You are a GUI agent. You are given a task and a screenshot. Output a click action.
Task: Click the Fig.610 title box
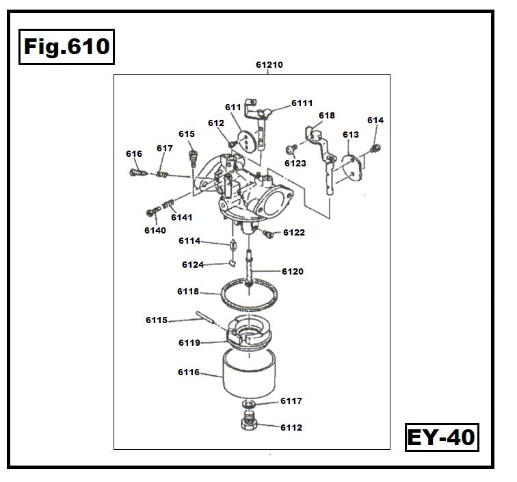66,47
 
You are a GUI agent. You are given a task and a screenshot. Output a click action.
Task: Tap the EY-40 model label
441,436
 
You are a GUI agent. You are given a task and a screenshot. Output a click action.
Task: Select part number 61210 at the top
269,65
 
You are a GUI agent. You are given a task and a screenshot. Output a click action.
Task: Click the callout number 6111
302,103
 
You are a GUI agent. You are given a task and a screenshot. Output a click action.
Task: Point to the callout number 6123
295,164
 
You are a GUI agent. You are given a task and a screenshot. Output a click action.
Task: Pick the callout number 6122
294,233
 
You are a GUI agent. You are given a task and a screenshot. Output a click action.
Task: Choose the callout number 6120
293,272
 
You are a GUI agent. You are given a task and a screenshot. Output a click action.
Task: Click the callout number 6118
188,292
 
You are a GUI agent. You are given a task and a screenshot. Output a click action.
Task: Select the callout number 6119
189,342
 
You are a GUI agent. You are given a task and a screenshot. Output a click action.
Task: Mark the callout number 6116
189,372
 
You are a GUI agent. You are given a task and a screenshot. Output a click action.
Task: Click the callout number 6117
291,401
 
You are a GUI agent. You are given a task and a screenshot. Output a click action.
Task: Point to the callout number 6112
291,428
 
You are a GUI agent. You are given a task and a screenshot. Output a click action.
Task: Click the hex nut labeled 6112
250,425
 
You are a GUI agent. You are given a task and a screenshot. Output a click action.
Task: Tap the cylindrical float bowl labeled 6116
249,372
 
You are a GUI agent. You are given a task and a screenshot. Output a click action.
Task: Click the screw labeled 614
375,148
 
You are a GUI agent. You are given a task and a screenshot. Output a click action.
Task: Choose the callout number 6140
155,230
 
